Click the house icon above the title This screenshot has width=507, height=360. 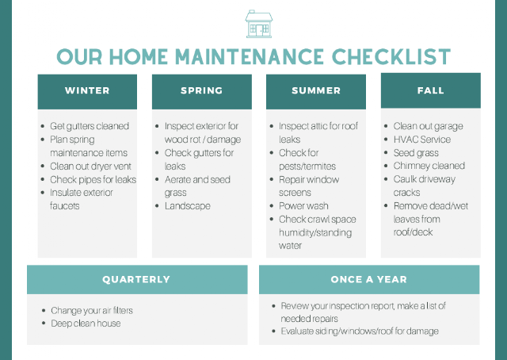pos(259,24)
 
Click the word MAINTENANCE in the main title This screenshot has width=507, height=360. pos(249,56)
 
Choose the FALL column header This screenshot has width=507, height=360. pos(431,90)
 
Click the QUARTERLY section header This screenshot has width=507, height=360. pos(137,279)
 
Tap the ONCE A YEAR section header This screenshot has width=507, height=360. pos(369,279)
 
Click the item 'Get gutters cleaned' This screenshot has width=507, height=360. pos(90,126)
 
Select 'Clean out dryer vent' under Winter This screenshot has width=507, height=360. pos(90,166)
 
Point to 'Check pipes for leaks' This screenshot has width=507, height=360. pos(93,179)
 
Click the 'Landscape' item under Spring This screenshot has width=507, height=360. pos(188,206)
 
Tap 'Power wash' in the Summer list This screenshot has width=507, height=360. pos(303,206)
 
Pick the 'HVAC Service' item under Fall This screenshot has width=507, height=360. pos(422,140)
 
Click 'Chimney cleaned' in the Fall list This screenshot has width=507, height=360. pos(429,166)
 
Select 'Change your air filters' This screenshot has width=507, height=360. pos(92,311)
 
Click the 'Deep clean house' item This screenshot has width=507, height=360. pos(86,324)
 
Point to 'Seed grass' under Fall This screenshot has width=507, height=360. pos(416,153)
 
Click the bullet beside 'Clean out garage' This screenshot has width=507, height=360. pos(386,126)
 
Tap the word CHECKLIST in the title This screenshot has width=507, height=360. pos(391,56)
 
